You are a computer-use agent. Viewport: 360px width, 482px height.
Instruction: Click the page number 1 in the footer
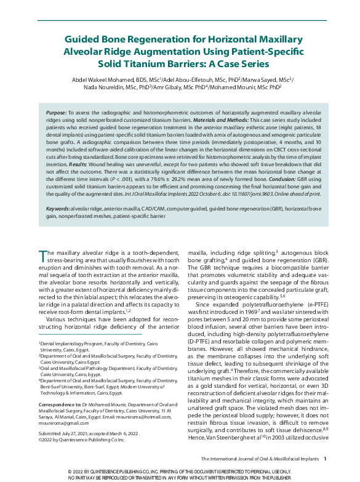(x=324, y=459)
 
